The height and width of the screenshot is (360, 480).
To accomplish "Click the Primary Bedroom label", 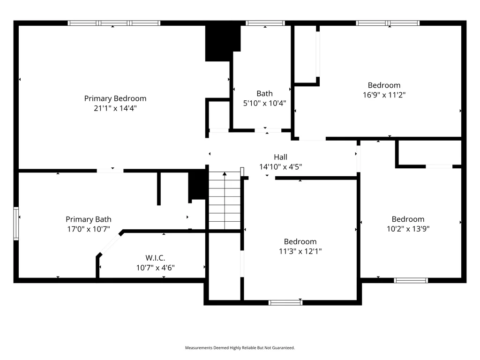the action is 115,98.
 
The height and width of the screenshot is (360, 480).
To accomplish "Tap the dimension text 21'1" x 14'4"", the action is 115,108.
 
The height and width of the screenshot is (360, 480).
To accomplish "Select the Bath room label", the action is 264,93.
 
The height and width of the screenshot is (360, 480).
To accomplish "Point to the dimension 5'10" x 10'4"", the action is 264,103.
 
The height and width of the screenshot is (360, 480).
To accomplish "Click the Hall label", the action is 280,157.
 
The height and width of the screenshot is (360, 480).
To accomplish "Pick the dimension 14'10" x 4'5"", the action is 280,167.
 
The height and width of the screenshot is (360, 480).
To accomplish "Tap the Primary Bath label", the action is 89,219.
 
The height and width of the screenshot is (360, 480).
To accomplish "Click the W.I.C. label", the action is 155,258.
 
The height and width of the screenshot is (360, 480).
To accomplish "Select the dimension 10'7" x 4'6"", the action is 155,268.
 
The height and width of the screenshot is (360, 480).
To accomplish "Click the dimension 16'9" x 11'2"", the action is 384,95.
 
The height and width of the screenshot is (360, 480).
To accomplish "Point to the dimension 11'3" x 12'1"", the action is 300,251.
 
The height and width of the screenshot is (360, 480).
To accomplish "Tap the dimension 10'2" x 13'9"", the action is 408,229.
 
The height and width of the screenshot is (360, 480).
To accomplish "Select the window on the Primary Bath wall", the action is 16,224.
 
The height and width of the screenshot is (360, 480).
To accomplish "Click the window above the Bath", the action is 265,23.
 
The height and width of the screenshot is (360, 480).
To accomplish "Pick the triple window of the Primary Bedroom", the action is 114,23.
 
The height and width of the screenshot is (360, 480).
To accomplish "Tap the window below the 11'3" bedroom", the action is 285,303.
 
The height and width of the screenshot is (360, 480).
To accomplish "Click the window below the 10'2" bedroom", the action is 411,280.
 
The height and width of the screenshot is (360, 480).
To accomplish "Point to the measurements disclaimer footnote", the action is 240,348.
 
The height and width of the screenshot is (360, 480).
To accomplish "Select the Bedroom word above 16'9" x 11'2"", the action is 384,85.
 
